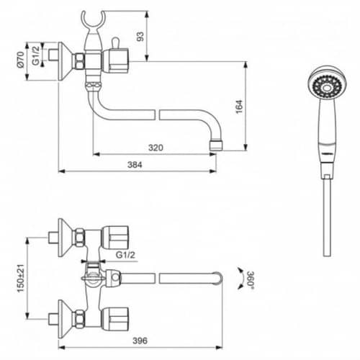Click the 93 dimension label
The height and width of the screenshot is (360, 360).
coord(140,36)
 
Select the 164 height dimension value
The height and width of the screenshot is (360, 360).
coord(239,107)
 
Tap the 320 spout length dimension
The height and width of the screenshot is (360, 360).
coord(156,148)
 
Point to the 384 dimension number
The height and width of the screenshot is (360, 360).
coord(135,165)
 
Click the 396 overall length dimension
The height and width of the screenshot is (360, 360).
coord(140,341)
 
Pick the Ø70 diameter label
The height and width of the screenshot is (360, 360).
coord(21,60)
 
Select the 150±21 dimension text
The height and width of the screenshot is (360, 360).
coord(21,278)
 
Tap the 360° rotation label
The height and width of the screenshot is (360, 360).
coord(251,280)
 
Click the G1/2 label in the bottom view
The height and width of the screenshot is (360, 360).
coord(125,255)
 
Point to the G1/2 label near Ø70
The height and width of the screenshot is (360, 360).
coord(36,55)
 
